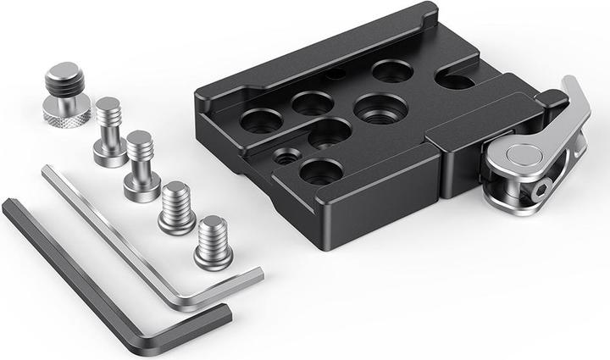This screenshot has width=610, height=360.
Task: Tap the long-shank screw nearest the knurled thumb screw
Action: (x=109, y=132)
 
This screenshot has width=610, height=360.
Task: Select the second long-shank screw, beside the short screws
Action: (x=141, y=166)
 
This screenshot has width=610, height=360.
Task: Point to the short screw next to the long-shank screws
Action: (x=176, y=208)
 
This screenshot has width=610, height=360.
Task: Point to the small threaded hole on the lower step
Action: (x=286, y=155)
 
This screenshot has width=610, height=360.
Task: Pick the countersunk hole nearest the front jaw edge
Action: (x=321, y=171)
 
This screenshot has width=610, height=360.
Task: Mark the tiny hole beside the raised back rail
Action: (x=336, y=75)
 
